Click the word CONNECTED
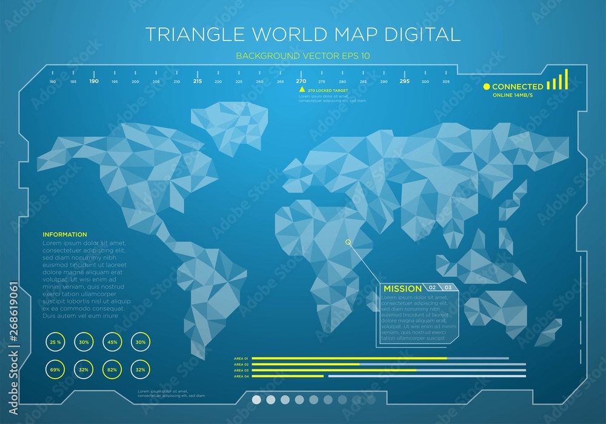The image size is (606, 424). pos(517,87)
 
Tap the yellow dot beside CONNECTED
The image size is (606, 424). pos(486,87)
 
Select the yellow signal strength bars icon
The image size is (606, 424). pos(558,80)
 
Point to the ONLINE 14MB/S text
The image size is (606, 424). pos(512,96)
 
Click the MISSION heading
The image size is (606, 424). pos(402,288)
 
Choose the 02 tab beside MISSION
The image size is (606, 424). pos(433,287)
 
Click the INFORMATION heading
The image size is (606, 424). pos(65,234)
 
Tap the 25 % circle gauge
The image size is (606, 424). pos(56,342)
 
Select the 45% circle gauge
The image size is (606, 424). pos(112,342)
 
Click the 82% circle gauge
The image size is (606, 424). pos(112,369)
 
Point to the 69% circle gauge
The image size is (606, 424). pos(56,369)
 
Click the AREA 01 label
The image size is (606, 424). pos(241,359)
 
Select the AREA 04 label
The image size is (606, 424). pos(241,376)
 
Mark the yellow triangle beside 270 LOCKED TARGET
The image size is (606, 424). pos(302,90)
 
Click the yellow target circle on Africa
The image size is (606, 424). pos(348,242)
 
